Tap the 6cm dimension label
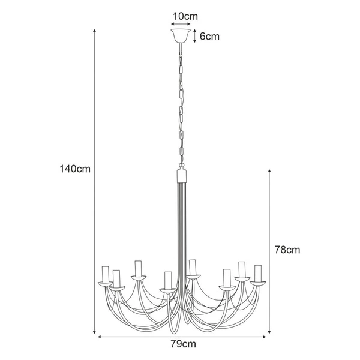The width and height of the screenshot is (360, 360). coord(209,36)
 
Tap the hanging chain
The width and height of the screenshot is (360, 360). coord(181,102)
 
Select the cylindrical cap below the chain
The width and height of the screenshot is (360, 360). coord(181,175)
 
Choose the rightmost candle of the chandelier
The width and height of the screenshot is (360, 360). coord(259,273)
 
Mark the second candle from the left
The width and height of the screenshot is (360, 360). coord(118,278)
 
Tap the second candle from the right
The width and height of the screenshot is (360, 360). coord(242,269)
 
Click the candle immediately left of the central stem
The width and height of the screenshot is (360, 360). coord(168,280)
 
